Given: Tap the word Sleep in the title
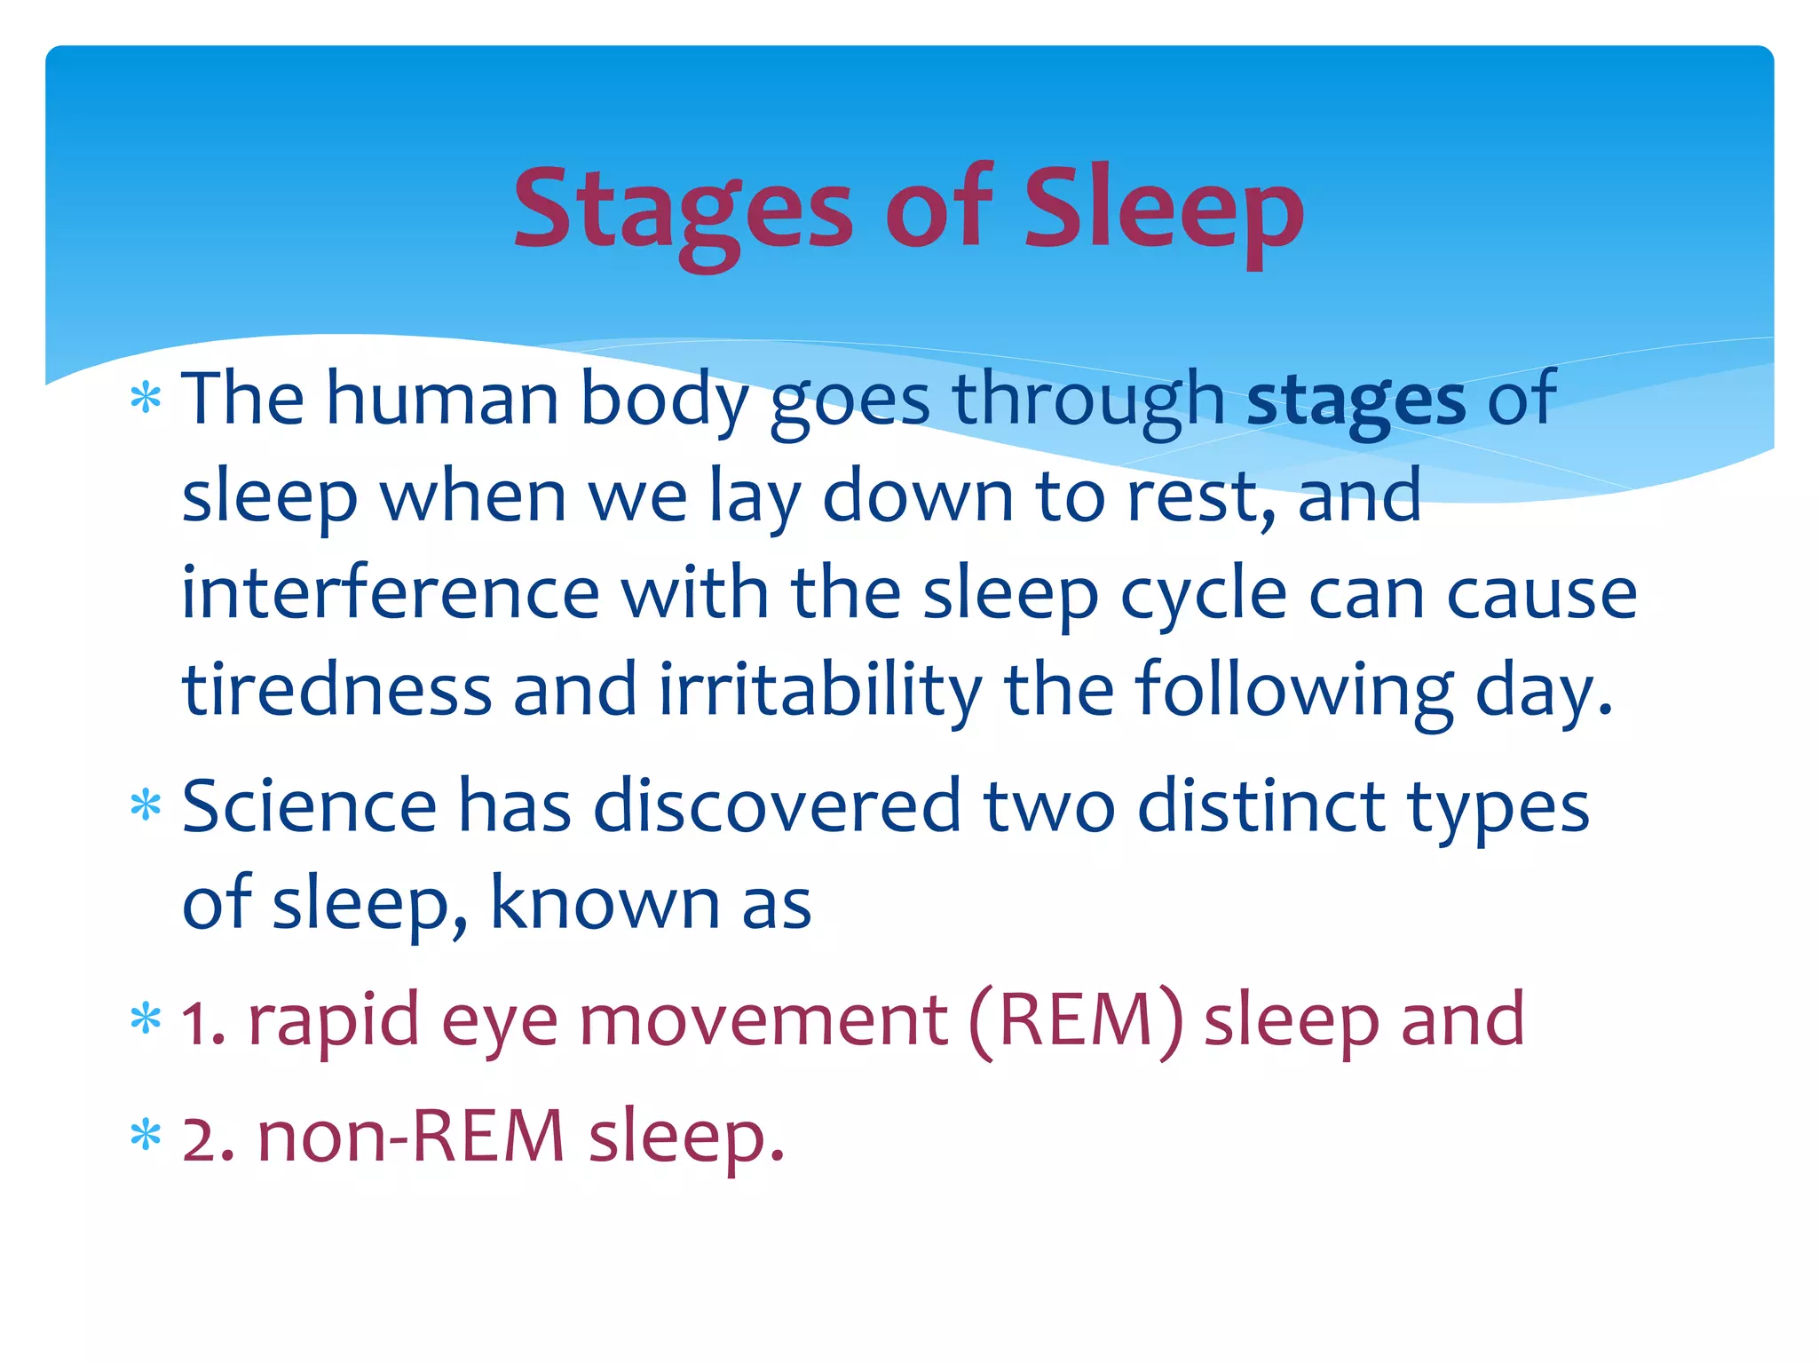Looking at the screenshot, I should click(1163, 211).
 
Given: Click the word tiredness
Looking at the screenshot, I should click(336, 691).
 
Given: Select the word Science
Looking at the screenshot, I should click(309, 806).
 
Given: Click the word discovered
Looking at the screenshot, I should click(777, 806).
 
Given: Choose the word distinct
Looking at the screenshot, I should click(1261, 806).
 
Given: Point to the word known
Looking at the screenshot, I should click(605, 904).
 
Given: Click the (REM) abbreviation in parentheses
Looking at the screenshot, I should click(1076, 1021).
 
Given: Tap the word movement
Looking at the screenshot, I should click(763, 1021).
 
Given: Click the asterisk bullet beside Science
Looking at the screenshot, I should click(146, 805).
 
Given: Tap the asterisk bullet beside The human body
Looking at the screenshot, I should click(146, 397).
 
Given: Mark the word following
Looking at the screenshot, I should click(1293, 691).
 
